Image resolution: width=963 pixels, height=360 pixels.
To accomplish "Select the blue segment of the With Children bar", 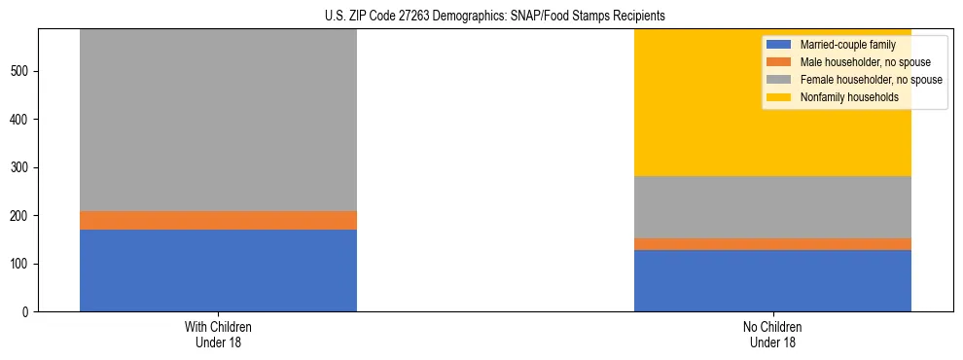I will click(x=218, y=270).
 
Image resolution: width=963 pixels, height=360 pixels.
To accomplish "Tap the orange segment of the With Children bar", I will click(x=218, y=220).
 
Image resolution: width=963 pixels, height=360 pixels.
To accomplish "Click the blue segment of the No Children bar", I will click(x=772, y=280).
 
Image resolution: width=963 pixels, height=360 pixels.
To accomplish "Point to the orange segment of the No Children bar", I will click(x=772, y=244).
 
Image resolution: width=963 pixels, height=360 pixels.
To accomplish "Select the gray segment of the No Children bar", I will click(x=772, y=207).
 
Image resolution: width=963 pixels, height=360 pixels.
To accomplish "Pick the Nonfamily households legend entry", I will click(x=841, y=97).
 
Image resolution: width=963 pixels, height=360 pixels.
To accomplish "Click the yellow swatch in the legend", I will click(x=779, y=97).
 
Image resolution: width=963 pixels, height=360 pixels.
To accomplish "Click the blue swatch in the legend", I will click(x=779, y=45).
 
